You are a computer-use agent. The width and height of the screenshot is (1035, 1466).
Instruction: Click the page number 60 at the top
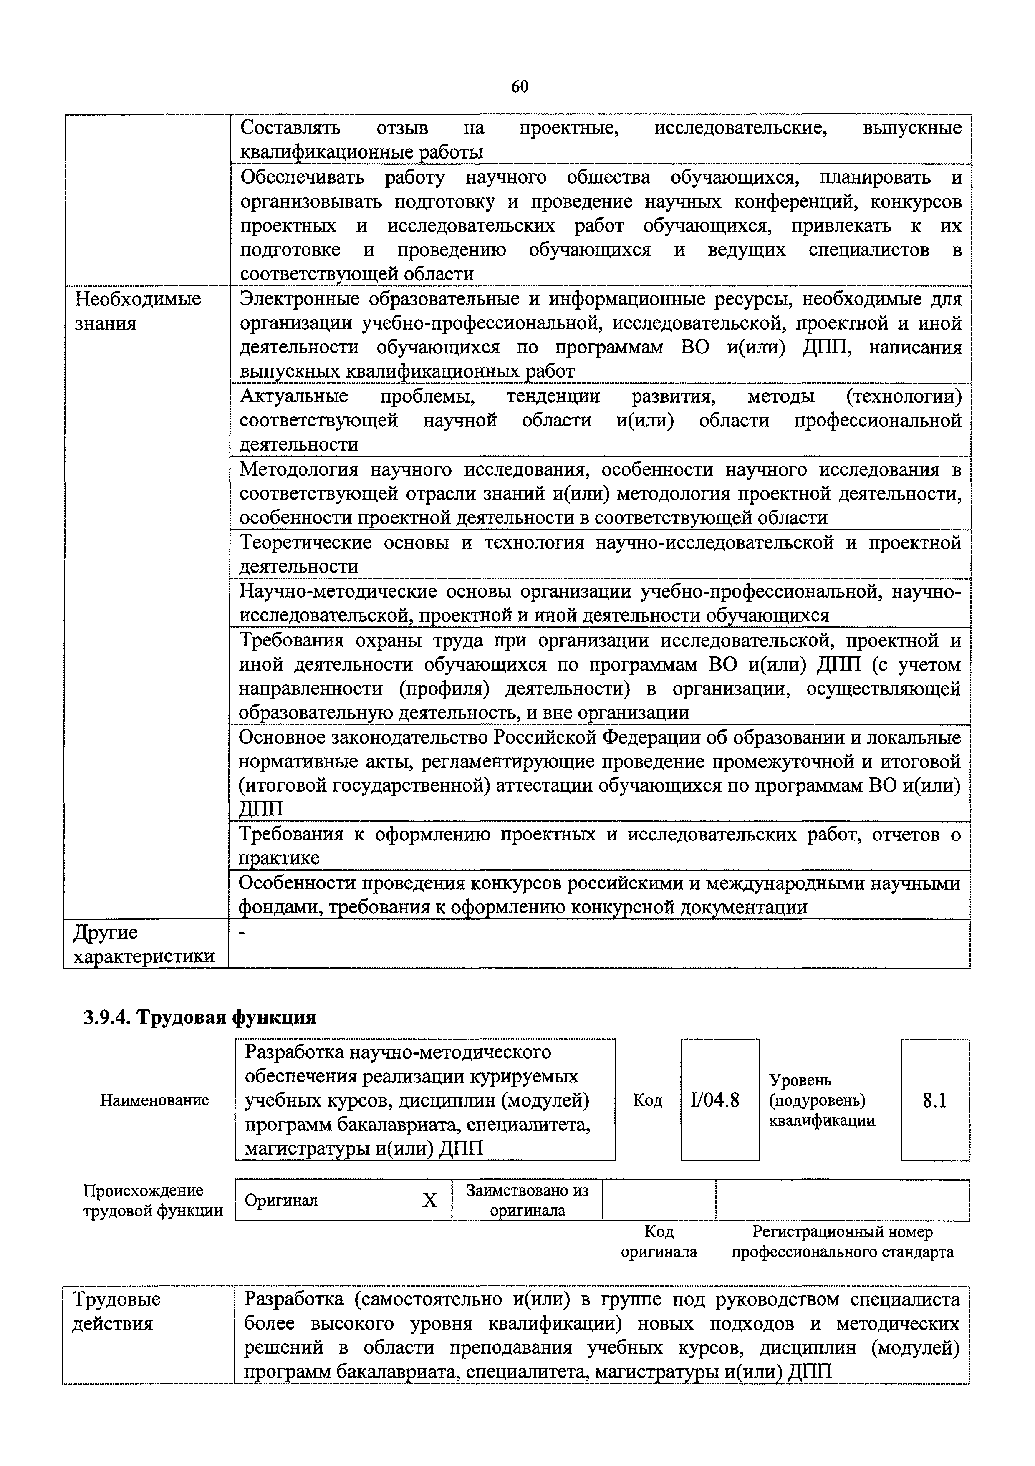point(520,87)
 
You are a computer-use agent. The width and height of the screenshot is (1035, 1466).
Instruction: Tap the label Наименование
point(154,1100)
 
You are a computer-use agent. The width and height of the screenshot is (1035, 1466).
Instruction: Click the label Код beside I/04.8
point(647,1100)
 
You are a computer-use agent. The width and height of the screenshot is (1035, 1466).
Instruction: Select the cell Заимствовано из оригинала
point(527,1200)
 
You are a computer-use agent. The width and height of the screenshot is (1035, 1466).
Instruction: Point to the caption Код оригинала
point(659,1242)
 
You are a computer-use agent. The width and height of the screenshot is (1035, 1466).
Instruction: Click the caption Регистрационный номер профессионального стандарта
point(842,1242)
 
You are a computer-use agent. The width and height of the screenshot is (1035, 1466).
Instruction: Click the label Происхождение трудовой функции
point(153,1200)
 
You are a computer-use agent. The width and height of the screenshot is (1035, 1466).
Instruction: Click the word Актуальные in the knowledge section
point(294,396)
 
